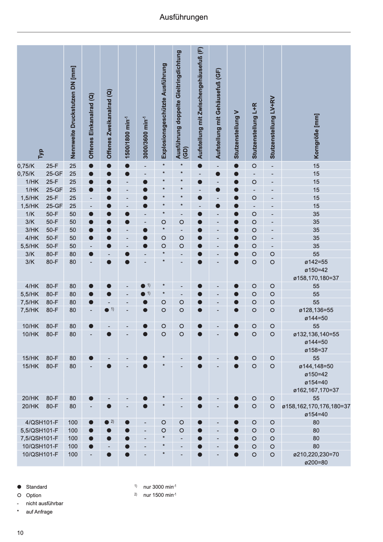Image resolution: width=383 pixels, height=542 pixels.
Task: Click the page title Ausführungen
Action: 183,17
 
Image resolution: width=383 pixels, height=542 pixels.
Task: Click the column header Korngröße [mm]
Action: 316,136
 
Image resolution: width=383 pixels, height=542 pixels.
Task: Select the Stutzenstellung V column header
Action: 236,134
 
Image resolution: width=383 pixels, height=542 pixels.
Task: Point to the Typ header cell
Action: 40,153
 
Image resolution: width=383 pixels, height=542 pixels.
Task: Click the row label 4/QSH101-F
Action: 42,422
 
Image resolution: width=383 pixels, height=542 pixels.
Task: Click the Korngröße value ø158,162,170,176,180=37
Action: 316,406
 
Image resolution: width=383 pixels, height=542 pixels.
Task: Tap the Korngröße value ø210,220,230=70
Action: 316,454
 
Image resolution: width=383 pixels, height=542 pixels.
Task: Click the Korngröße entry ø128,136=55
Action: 316,310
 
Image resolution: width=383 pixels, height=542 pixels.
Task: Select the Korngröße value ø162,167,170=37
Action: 316,390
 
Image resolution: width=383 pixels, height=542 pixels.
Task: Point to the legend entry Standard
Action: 36,487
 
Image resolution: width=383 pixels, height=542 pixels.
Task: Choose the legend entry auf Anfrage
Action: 39,512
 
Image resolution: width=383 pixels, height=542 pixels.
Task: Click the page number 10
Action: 20,533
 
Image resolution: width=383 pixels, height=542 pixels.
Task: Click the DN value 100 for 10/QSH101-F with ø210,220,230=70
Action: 73,454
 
